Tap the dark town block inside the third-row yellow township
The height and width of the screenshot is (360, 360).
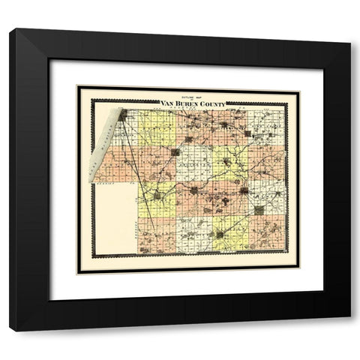[x=157, y=196]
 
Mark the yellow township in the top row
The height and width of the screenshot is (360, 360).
[x=157, y=128]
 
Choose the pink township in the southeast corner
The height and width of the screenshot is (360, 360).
[x=268, y=235]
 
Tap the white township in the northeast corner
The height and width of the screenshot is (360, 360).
[x=268, y=128]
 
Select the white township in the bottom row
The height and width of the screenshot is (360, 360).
[x=194, y=235]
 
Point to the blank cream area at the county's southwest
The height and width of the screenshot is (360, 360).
[x=114, y=217]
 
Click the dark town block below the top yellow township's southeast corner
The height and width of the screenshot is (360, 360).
[x=176, y=152]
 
